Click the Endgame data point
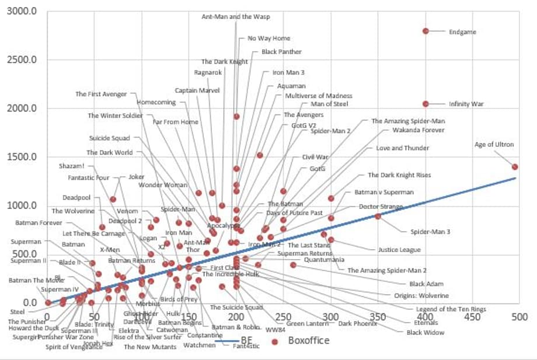(426, 31)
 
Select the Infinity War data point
(426, 104)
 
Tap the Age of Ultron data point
(515, 167)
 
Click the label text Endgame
(462, 32)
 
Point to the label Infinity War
(466, 104)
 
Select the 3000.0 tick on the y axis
(22, 11)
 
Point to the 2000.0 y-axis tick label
(22, 109)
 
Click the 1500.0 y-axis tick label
(22, 157)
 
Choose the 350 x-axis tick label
(378, 317)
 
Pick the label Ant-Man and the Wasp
(236, 17)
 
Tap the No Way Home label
(268, 39)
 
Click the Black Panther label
(281, 52)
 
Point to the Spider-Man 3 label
(430, 232)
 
